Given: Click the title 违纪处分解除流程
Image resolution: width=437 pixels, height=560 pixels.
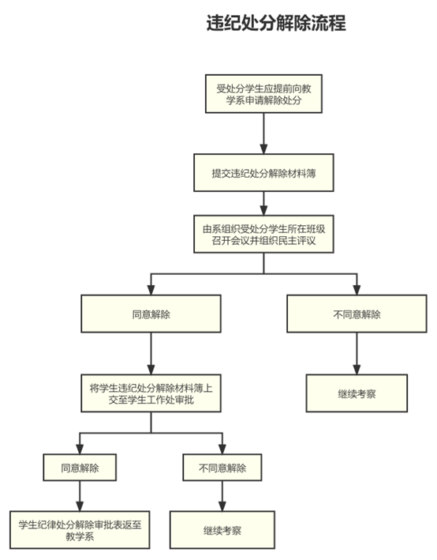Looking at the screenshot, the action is (276, 23).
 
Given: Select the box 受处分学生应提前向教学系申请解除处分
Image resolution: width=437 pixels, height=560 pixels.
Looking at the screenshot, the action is (263, 94).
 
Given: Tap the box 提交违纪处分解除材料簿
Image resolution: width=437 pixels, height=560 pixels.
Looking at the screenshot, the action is (263, 173).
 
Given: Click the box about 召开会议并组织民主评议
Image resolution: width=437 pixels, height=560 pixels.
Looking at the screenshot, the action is (263, 234).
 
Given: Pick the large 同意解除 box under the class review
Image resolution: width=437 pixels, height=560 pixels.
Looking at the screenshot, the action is (151, 314).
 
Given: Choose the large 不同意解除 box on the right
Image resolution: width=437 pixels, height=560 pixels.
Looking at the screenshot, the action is (357, 314).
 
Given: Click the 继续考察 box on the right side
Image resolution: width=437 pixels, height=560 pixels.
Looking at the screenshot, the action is (357, 393).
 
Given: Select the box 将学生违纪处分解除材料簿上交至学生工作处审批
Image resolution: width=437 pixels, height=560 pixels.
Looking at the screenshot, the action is (151, 393).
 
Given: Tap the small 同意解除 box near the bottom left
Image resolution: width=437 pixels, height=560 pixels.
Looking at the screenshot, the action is (80, 467).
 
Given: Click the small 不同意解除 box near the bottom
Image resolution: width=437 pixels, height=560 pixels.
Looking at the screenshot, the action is (222, 467).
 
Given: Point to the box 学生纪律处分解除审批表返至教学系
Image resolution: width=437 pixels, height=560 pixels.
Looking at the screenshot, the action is (80, 530).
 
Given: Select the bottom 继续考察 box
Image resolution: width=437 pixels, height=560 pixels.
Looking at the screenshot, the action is (222, 530).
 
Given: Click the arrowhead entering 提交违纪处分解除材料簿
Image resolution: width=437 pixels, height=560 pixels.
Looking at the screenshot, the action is (263, 149).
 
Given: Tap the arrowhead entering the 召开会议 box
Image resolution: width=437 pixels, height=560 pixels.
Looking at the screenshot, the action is (263, 210).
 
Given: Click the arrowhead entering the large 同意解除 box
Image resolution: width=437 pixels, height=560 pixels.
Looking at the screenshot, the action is (151, 290).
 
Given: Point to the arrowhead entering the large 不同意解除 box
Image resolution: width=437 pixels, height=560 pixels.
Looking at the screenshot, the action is (357, 290).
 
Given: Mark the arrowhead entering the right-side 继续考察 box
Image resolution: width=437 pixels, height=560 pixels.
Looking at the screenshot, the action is (357, 370).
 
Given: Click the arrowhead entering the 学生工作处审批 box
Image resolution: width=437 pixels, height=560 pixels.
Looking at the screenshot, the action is (151, 370).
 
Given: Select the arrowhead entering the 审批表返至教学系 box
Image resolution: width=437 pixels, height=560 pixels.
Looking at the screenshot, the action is (80, 506).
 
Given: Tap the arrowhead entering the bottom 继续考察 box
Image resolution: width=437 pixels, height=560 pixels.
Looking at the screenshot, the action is (222, 506).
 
